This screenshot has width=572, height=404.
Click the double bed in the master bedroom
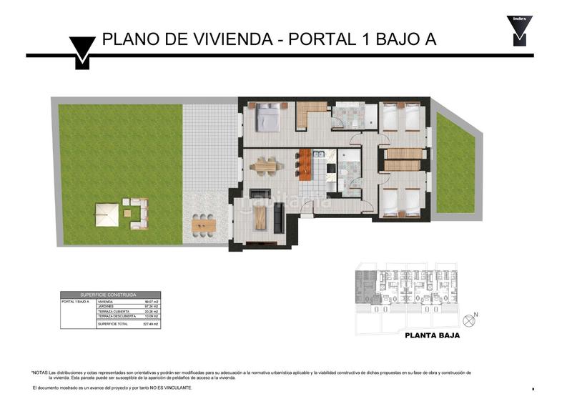coord(268,119)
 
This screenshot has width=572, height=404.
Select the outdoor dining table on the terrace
coord(204,225)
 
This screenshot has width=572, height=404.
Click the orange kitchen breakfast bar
coord(305,164)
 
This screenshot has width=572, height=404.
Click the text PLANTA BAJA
coord(432,335)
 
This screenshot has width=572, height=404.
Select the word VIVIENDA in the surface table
coord(106,302)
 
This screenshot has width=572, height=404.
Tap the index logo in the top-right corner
coord(519,31)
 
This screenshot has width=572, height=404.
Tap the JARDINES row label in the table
coord(106,307)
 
